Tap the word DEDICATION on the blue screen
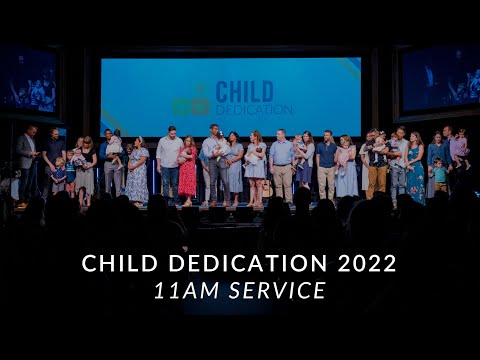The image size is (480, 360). click(254, 108)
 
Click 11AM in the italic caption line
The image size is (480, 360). click(184, 291)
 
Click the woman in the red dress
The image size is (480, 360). click(187, 170)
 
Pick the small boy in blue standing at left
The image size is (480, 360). click(59, 176)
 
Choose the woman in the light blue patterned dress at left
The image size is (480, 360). click(138, 171)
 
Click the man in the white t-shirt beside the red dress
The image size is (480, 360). click(169, 165)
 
